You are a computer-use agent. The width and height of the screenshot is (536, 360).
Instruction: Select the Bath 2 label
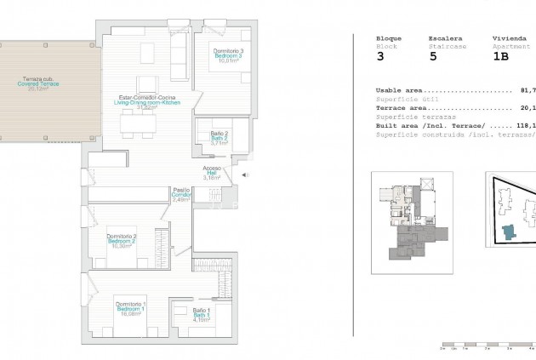pyautogui.click(x=220, y=139)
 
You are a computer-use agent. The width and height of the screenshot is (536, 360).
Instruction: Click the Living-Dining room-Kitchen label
pyautogui.click(x=148, y=103)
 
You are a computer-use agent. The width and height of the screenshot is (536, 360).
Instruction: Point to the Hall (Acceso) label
pyautogui.click(x=212, y=174)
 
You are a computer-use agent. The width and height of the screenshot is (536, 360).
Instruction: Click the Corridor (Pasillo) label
pyautogui.click(x=181, y=195)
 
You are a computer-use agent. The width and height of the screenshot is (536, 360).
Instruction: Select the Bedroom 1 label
pyautogui.click(x=131, y=309)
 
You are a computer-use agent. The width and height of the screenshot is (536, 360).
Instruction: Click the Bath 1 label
pyautogui.click(x=200, y=315)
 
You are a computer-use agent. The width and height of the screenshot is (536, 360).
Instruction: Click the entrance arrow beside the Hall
pyautogui.click(x=245, y=176)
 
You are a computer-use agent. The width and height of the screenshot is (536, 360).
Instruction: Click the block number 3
pyautogui.click(x=380, y=58)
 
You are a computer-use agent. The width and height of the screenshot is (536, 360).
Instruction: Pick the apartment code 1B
pyautogui.click(x=502, y=58)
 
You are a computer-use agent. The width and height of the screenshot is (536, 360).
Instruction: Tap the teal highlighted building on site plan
pyautogui.click(x=509, y=234)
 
